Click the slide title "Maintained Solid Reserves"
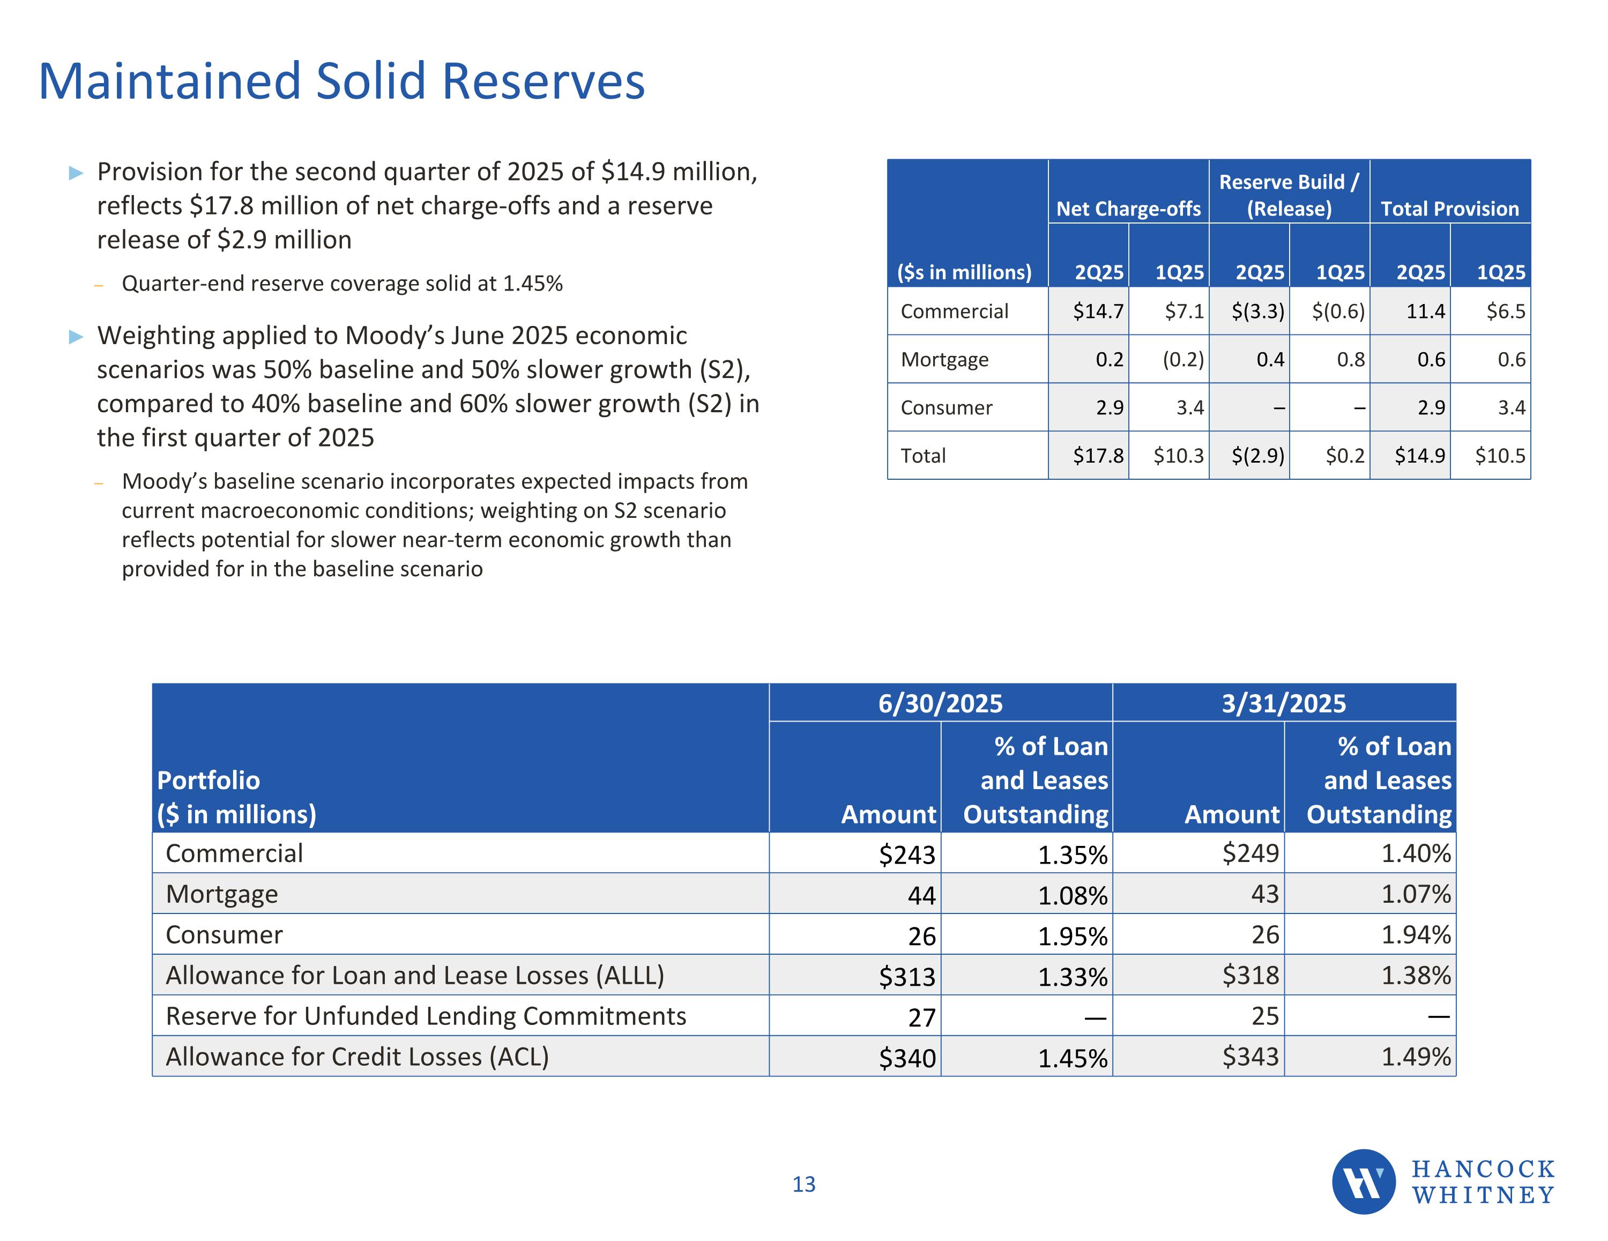point(341,81)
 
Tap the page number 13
point(803,1184)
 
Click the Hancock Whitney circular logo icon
point(1363,1181)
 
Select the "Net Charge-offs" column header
point(1128,209)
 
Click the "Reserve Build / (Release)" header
point(1289,195)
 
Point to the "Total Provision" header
point(1449,209)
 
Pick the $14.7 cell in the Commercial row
point(1098,311)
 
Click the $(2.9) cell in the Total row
point(1257,456)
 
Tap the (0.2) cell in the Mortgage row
point(1182,359)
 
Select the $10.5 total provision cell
point(1500,456)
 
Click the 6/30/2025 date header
point(940,703)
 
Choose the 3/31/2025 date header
point(1283,703)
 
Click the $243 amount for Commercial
point(906,854)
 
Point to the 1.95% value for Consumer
point(1072,936)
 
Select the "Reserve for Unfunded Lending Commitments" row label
point(426,1016)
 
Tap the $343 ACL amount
point(1250,1057)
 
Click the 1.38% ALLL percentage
point(1415,976)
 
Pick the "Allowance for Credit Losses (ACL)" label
point(357,1057)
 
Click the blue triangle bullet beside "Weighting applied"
point(76,337)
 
